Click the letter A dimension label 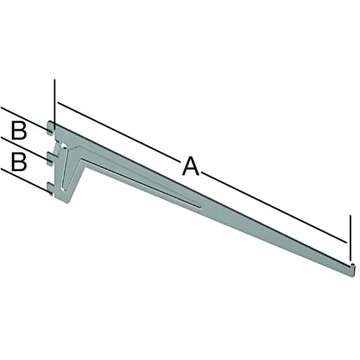(191, 166)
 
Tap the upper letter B (19, 131)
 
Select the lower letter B (19, 162)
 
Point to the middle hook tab (51, 158)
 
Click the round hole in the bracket (63, 146)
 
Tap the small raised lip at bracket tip (353, 265)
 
